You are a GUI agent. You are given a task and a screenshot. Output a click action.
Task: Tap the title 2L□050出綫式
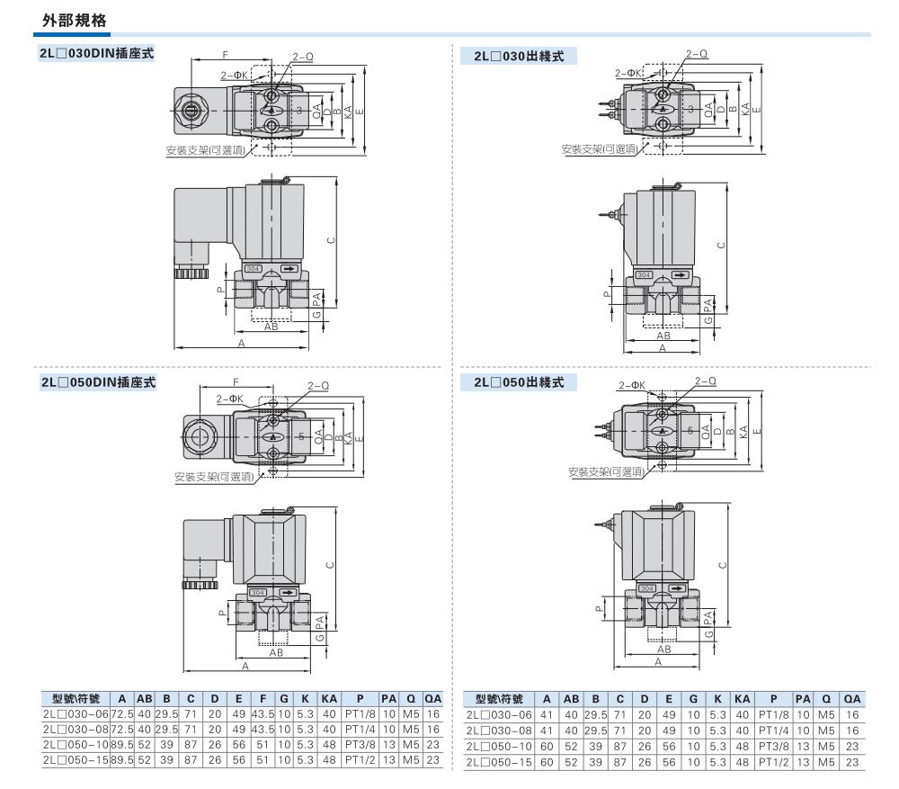519,382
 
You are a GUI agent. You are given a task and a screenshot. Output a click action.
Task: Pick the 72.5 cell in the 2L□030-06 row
120,714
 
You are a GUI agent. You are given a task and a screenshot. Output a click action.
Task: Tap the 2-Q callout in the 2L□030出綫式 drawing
695,55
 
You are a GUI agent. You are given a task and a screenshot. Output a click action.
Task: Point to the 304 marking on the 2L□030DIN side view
255,268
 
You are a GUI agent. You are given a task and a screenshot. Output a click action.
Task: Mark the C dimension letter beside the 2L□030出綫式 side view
720,244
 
